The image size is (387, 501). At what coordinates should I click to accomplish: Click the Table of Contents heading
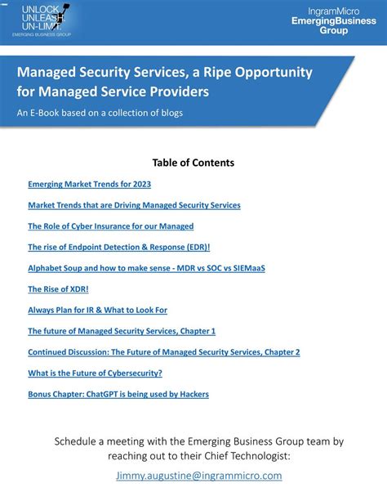tap(193, 163)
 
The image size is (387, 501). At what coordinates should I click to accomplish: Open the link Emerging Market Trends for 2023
tap(89, 184)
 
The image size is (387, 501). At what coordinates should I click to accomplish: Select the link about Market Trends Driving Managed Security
tap(134, 205)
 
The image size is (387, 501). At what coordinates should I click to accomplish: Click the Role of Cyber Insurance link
tap(110, 226)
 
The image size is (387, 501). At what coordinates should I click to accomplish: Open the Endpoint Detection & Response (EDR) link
tap(118, 247)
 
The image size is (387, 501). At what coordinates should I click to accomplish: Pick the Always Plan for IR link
tap(97, 310)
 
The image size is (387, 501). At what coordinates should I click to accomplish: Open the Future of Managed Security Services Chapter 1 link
tap(122, 331)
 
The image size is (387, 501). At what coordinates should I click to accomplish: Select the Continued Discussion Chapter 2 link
tap(163, 352)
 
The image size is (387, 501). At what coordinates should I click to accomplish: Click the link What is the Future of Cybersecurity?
tap(95, 373)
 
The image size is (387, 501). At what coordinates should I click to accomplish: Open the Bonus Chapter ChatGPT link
tap(118, 394)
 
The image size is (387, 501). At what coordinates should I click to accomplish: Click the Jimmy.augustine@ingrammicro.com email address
tap(199, 475)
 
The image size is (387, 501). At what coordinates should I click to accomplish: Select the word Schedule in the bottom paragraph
tap(78, 441)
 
